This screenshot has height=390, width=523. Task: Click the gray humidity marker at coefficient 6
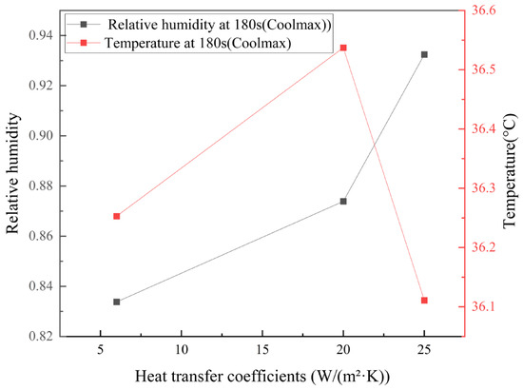click(x=116, y=302)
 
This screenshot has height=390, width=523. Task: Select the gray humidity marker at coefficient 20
click(x=343, y=201)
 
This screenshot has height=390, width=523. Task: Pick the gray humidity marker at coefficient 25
click(x=424, y=55)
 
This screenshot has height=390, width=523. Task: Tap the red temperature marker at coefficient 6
click(x=116, y=216)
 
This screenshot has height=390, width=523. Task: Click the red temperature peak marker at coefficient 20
click(x=343, y=48)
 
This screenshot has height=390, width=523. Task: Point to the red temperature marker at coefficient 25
click(x=424, y=301)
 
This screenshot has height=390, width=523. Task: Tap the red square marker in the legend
click(x=84, y=43)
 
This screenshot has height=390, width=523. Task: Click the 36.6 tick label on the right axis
click(x=483, y=10)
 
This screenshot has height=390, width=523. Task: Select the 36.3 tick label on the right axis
click(x=483, y=188)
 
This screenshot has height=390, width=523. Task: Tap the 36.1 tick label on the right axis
click(x=483, y=306)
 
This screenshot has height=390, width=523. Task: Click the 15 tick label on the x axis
click(x=262, y=350)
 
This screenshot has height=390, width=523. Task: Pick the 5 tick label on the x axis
click(x=100, y=350)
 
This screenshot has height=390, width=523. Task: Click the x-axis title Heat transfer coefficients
click(x=262, y=377)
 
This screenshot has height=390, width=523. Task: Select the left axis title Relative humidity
click(x=12, y=173)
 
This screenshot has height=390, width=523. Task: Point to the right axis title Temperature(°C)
click(x=510, y=171)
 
